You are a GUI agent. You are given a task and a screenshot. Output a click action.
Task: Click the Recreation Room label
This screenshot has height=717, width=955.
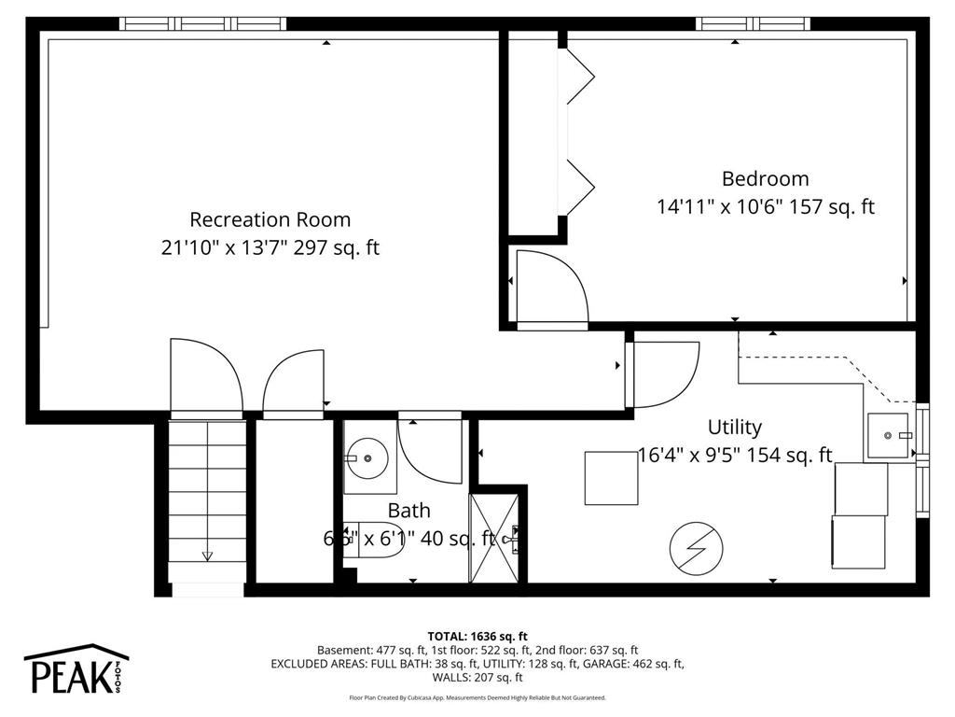(x=270, y=219)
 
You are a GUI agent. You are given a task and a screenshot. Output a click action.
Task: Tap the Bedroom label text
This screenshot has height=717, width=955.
(x=765, y=178)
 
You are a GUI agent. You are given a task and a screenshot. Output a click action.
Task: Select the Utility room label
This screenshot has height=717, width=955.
(x=734, y=427)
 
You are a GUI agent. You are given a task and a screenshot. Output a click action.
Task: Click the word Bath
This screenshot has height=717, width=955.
(x=409, y=511)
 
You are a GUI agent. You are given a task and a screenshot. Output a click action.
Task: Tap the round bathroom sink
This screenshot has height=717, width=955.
(x=368, y=458)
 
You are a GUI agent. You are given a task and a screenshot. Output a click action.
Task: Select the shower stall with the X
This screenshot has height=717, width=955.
(x=494, y=539)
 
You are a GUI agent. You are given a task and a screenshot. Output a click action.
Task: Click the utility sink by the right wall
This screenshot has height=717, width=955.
(x=889, y=435)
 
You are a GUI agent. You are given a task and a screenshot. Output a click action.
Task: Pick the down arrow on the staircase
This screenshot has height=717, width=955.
(x=207, y=556)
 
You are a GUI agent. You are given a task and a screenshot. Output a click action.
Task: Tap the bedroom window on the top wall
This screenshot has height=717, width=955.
(x=754, y=23)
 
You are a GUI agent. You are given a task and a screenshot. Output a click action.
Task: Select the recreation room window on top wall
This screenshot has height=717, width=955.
(x=203, y=23)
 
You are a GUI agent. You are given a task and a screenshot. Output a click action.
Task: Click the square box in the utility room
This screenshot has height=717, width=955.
(x=611, y=478)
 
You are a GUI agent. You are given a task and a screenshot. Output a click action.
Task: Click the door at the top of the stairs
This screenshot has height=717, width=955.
(x=205, y=377)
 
